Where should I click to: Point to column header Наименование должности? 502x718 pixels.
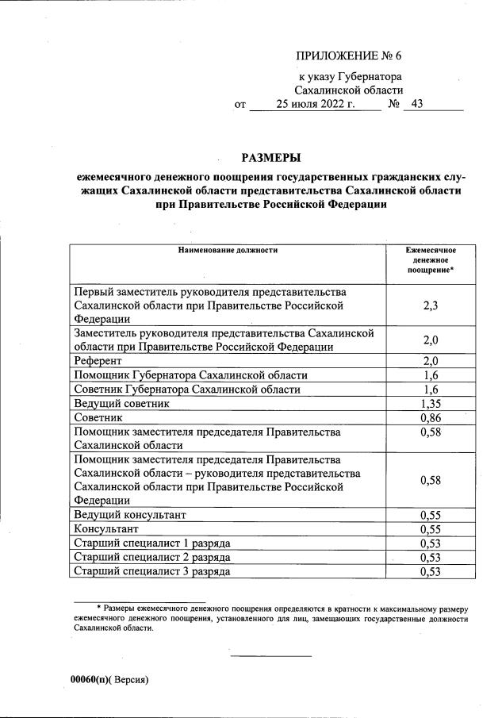(227, 250)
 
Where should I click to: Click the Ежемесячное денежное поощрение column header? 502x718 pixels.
(431, 260)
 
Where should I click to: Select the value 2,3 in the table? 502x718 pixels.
(431, 305)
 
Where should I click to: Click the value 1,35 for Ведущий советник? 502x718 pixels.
(431, 403)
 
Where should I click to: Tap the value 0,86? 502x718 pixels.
(431, 417)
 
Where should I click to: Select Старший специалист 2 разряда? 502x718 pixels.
(151, 557)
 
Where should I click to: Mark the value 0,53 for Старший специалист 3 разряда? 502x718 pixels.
(431, 571)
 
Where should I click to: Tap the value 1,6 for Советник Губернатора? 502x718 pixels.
(431, 389)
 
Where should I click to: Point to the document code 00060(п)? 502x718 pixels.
(89, 680)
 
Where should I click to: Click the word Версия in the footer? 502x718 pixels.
(129, 680)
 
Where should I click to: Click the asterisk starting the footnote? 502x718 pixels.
(98, 607)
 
